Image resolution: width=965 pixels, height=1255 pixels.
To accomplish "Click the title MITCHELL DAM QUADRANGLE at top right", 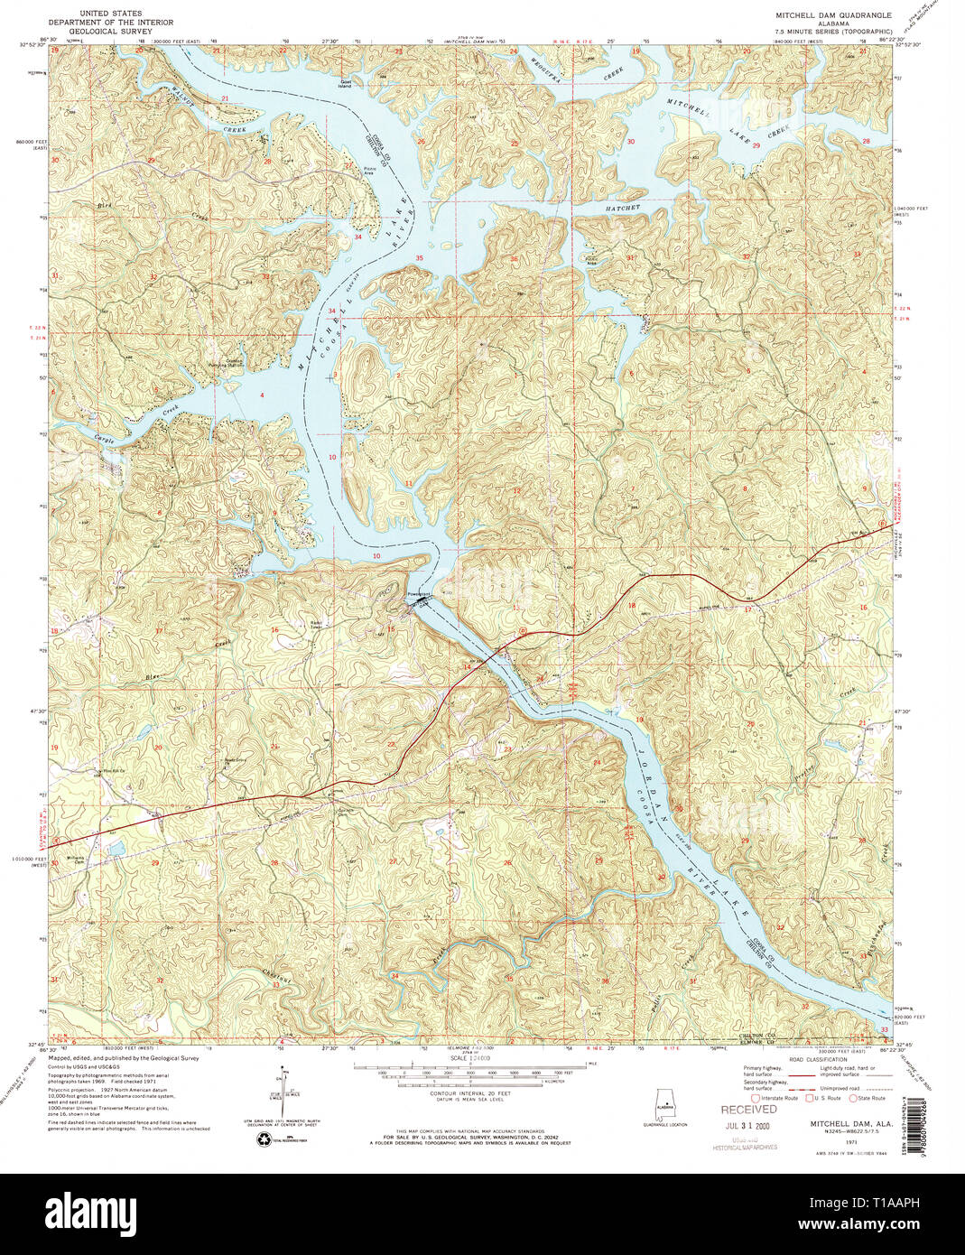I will (833, 15).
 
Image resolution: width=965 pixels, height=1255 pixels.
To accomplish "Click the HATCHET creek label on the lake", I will (623, 208).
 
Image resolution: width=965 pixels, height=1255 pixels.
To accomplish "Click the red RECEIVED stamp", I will (748, 1109).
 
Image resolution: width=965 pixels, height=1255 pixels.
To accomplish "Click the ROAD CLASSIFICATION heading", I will (816, 1059).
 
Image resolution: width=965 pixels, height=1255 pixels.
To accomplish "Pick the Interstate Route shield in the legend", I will (756, 1098).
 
